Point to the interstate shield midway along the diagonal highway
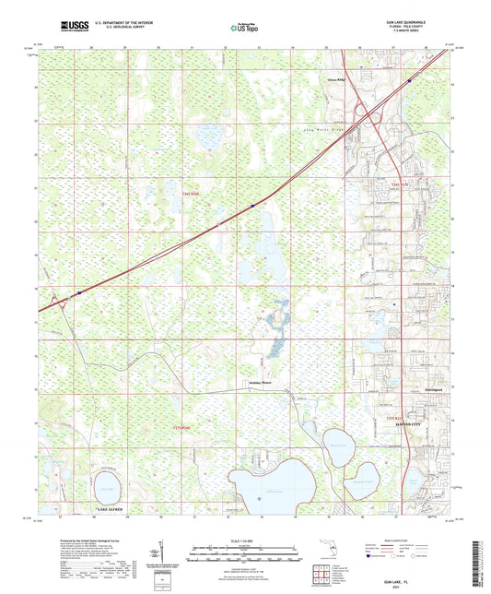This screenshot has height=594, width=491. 251,205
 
